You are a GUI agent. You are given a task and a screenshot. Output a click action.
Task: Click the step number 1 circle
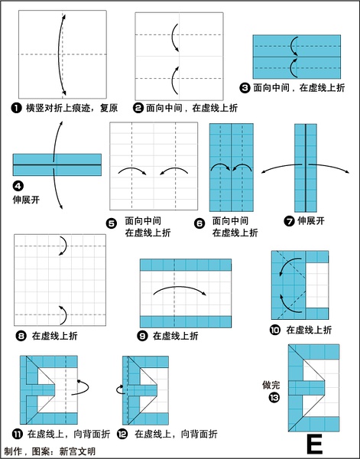(x=16, y=108)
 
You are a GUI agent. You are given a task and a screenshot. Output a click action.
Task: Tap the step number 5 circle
(x=111, y=223)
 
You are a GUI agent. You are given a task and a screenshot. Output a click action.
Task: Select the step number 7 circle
(x=289, y=221)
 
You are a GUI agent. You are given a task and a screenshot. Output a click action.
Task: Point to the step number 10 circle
(x=275, y=330)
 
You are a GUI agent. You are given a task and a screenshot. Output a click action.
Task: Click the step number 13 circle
(x=274, y=398)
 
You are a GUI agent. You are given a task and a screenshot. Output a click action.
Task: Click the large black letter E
(x=315, y=444)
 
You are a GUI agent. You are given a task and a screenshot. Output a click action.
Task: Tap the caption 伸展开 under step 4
(x=26, y=200)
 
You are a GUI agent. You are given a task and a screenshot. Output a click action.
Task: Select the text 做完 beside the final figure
(x=271, y=385)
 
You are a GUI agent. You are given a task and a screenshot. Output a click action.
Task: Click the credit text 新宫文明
(x=77, y=451)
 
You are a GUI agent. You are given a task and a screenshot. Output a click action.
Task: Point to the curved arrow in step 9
(x=180, y=287)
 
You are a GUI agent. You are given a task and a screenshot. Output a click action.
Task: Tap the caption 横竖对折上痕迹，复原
(x=72, y=108)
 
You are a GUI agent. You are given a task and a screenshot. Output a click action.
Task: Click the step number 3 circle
(x=245, y=87)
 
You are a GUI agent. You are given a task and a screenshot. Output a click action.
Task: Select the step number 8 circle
(x=21, y=336)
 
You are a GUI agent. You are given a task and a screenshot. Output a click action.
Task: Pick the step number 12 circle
(x=122, y=434)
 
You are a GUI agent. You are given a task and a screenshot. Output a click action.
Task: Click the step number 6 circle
(x=199, y=223)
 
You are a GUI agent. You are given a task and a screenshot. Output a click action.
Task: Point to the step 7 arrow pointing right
(x=329, y=167)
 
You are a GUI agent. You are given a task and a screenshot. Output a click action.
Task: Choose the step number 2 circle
(x=138, y=108)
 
